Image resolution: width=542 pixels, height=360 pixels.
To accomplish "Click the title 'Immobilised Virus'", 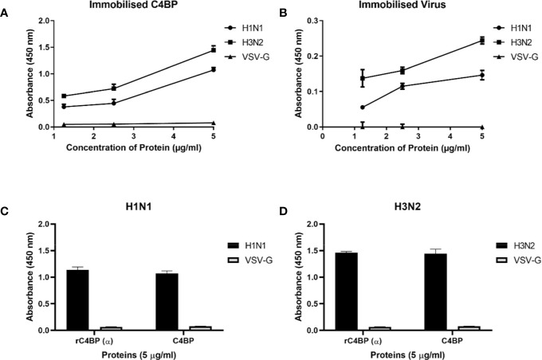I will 399,7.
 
